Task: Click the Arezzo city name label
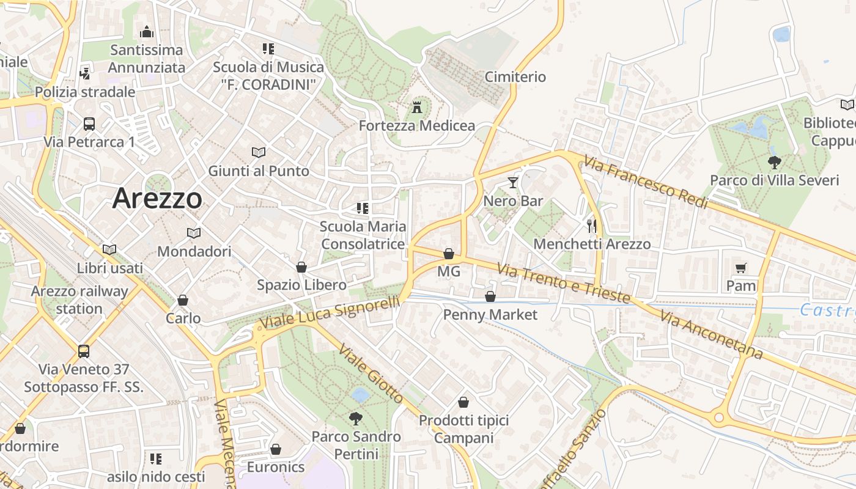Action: [157, 198]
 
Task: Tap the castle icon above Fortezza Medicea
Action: [418, 108]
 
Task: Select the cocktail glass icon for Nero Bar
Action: [512, 182]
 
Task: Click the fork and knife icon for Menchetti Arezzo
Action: [591, 226]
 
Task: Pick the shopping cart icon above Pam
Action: [741, 268]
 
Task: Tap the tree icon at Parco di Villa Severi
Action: [774, 162]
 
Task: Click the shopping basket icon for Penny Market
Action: [490, 296]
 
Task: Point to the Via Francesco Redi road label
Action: [645, 182]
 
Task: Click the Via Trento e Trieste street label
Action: [563, 284]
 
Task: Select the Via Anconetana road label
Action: [711, 336]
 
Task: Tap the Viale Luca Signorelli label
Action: [330, 312]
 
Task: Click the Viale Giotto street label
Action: [371, 373]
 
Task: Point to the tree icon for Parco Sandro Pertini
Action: [355, 418]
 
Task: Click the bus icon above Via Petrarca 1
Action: [89, 124]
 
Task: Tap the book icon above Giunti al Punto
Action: [259, 152]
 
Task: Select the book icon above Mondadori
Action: [194, 233]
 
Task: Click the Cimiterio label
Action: [515, 77]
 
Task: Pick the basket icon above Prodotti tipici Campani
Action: [463, 402]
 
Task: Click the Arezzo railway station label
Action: [79, 300]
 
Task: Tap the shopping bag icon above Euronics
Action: [276, 449]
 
